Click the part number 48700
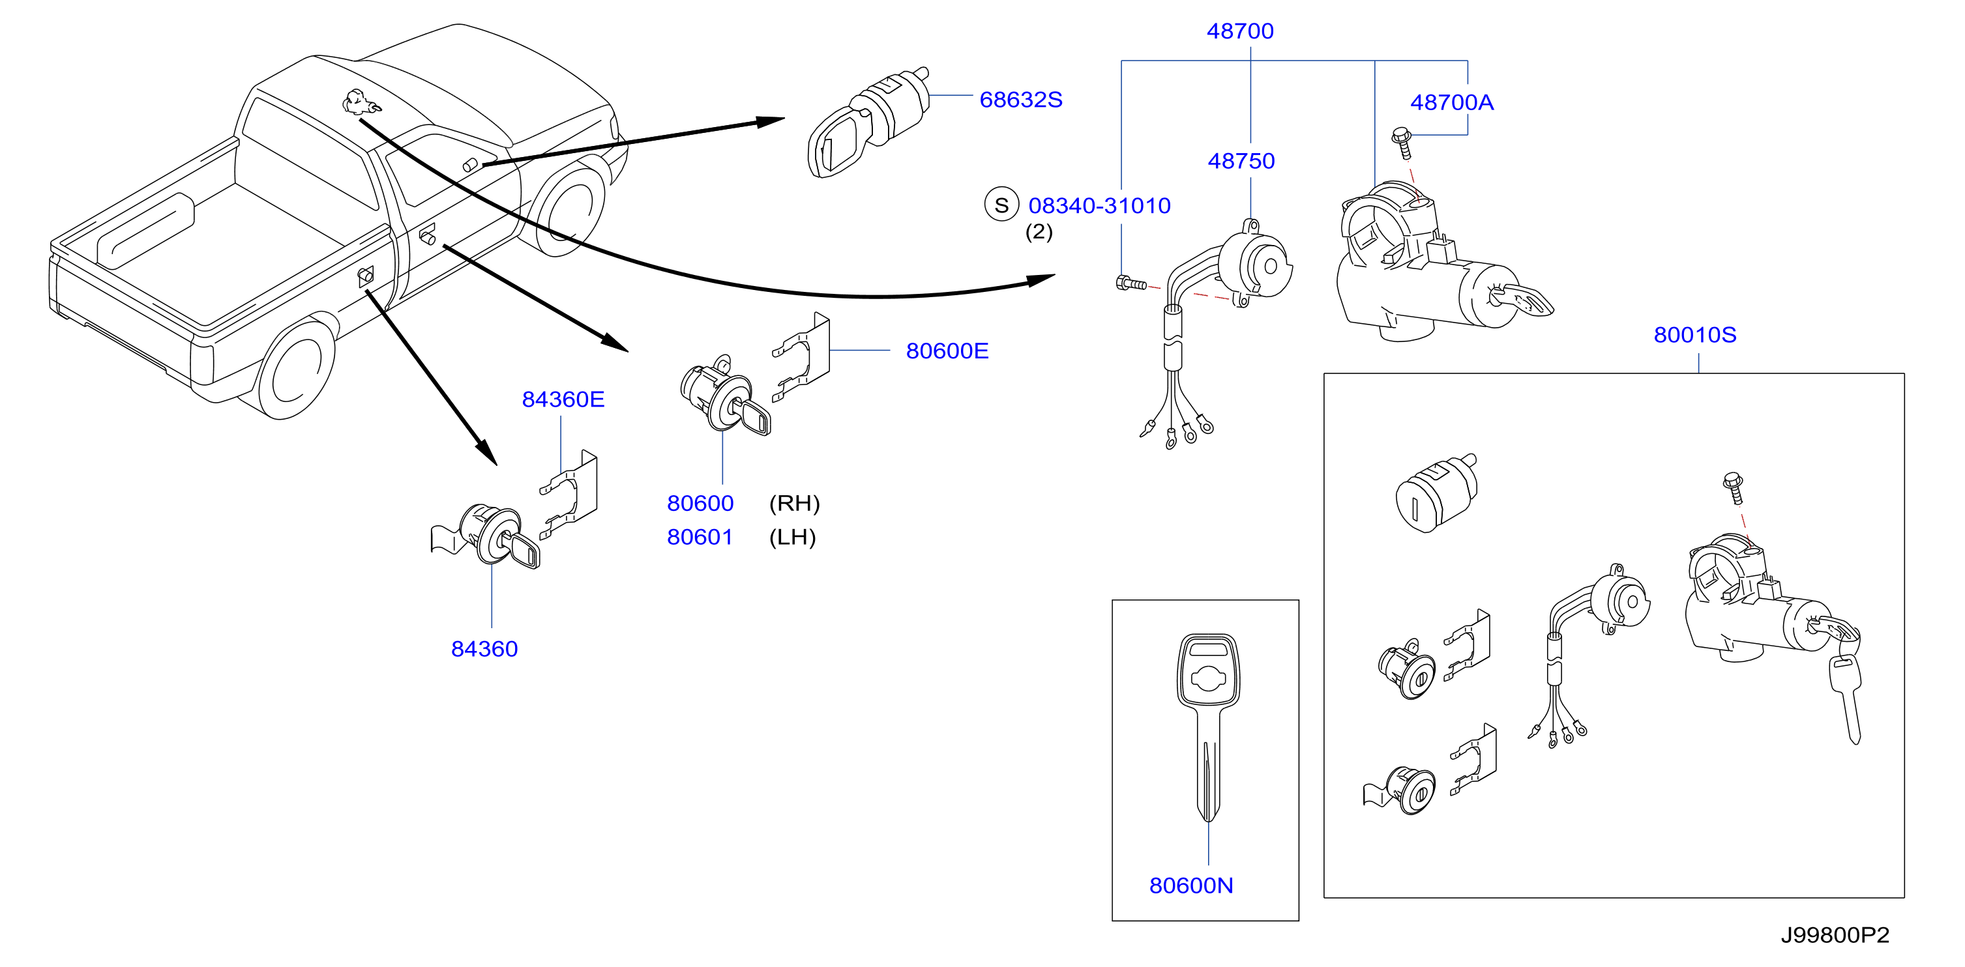coord(1239,31)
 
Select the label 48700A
coord(1452,102)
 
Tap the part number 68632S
coord(1021,100)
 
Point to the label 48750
coord(1241,161)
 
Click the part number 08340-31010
coord(1099,206)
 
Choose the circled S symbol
coord(1001,205)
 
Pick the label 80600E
coord(947,351)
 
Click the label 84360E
coord(563,399)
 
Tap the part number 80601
coord(700,538)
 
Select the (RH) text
coord(794,503)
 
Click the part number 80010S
coord(1695,335)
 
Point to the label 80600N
coord(1190,886)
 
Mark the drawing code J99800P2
coord(1835,935)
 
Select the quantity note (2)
coord(1038,232)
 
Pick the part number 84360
coord(484,649)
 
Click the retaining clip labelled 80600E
coord(801,357)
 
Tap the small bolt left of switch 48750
coord(1130,283)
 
